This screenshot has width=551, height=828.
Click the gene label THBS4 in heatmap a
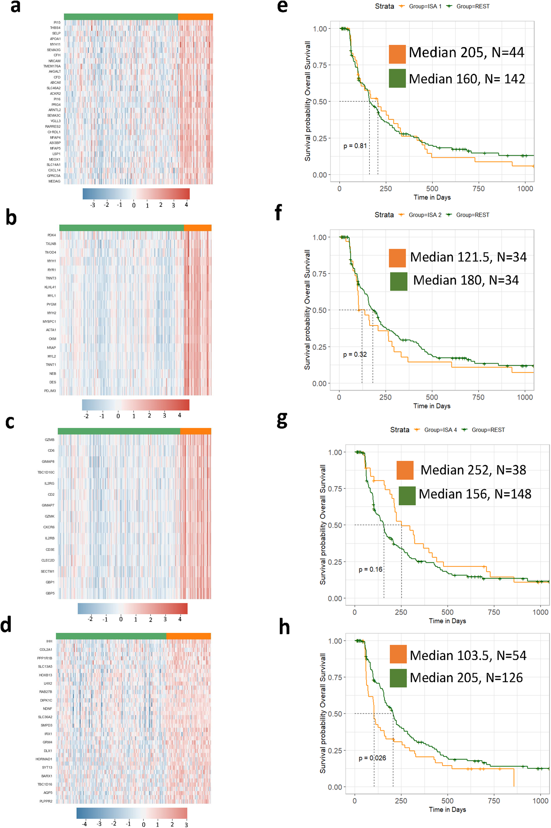point(55,28)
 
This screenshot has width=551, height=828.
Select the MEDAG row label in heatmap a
point(54,181)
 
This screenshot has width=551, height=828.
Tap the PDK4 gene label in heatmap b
point(51,235)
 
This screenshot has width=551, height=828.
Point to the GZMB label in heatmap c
point(50,440)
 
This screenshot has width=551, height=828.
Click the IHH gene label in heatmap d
point(49,641)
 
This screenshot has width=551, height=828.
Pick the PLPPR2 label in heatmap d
point(46,801)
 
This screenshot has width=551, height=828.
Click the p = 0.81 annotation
point(355,146)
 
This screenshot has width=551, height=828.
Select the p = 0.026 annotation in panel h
point(372,758)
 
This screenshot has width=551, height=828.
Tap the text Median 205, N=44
point(466,53)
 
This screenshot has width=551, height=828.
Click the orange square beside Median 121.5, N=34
point(397,258)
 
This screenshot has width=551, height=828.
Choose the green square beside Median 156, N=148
point(407,495)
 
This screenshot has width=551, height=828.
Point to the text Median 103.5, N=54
point(468,655)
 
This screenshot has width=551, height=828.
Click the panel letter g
point(282,420)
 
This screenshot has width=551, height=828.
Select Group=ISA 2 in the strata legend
point(425,215)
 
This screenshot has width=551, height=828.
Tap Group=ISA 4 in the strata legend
point(440,430)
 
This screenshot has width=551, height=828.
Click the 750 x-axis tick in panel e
point(478,189)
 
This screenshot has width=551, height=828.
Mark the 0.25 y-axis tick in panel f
point(319,347)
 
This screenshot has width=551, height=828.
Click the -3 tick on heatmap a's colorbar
point(93,205)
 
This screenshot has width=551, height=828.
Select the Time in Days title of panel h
point(447,809)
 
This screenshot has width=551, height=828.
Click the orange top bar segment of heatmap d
point(188,636)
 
